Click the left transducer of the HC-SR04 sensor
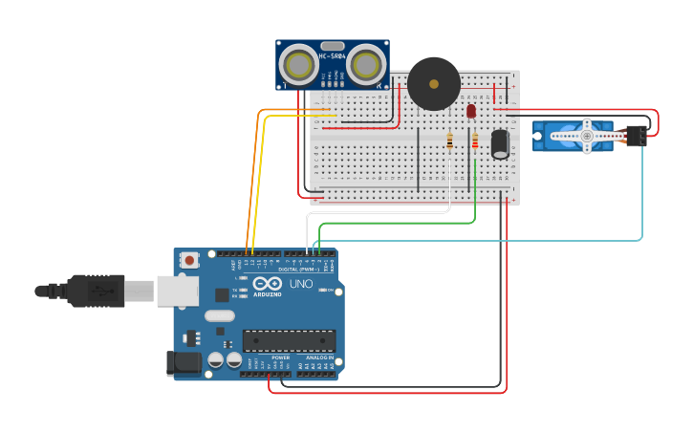click(299, 65)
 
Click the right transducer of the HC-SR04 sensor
click(365, 65)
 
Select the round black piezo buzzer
click(433, 84)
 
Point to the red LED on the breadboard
click(471, 111)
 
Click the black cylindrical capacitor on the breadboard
click(500, 143)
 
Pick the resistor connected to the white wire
click(450, 141)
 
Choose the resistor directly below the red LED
click(475, 141)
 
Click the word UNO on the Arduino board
click(301, 284)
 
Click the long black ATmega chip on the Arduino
click(290, 340)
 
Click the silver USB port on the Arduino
click(177, 291)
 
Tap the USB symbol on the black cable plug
click(97, 290)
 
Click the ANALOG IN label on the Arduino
click(319, 357)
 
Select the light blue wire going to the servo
click(642, 191)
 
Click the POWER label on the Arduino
click(280, 357)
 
